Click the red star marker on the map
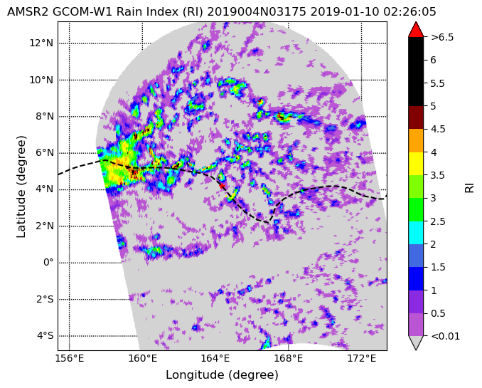[221, 185]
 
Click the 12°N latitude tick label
[41, 43]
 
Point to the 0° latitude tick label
[48, 263]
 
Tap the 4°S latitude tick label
[45, 335]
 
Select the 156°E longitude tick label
[70, 358]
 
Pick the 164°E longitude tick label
[215, 358]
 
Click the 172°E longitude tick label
[362, 358]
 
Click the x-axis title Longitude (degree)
[222, 374]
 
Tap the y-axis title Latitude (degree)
[21, 187]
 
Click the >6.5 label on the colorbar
[442, 37]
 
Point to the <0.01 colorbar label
[445, 336]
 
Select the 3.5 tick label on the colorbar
[438, 175]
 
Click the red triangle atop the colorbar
[416, 30]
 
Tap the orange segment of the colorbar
[416, 140]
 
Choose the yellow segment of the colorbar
[416, 164]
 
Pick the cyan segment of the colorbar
[416, 233]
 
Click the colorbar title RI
[469, 187]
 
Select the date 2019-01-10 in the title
[345, 12]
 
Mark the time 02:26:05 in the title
[409, 12]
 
